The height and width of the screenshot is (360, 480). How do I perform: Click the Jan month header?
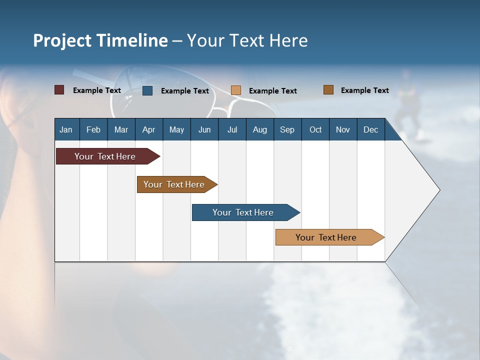point(66,129)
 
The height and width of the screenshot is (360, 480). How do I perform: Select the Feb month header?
point(93,129)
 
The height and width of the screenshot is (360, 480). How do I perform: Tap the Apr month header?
point(148,129)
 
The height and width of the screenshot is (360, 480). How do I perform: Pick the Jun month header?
point(204,129)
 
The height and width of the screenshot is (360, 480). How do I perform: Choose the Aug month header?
point(259,129)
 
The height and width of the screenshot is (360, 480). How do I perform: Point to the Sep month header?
point(287,129)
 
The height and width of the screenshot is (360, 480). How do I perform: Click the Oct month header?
point(315,129)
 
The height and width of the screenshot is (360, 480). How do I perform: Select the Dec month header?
point(370,129)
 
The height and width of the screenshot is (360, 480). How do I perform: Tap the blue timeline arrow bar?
point(243,212)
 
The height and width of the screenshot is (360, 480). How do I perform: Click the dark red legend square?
point(59,90)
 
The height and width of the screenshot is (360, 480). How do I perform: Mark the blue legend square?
point(147,90)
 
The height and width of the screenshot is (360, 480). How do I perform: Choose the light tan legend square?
point(236,90)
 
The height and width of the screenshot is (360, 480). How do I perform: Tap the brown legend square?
point(328,90)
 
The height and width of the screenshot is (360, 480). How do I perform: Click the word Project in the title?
point(63,40)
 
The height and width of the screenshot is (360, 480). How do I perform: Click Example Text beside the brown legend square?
point(364,90)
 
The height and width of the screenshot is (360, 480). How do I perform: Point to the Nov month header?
point(343,129)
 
